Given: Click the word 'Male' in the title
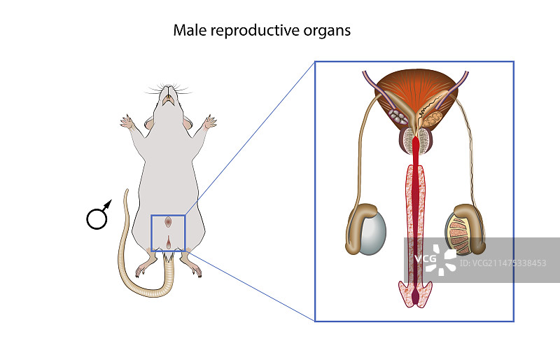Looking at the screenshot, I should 188,31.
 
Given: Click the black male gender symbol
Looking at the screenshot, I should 99,216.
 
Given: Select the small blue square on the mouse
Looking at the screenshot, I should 168,233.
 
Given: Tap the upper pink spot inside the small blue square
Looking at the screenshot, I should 168,222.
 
